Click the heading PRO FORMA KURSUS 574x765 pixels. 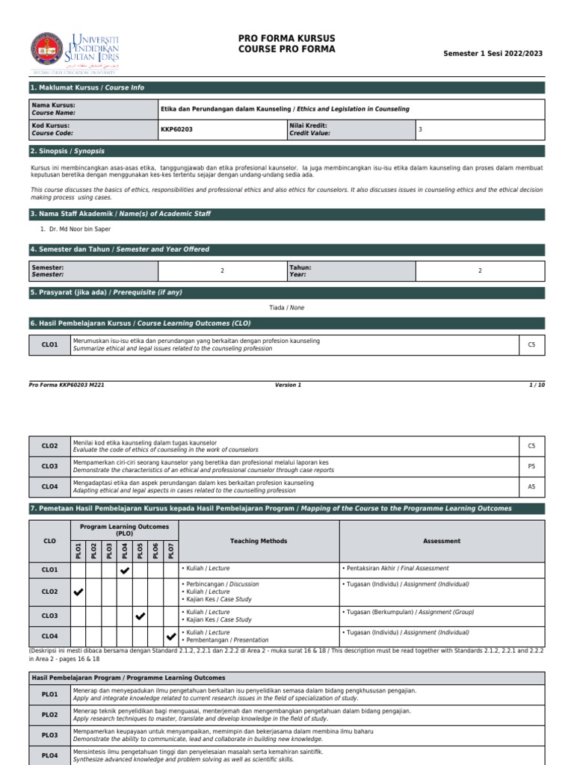pyautogui.click(x=286, y=38)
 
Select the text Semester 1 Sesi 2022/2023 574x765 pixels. pyautogui.click(x=493, y=54)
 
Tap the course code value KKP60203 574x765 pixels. pyautogui.click(x=176, y=129)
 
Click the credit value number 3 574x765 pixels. pyautogui.click(x=420, y=129)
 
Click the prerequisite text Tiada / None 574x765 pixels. pyautogui.click(x=286, y=308)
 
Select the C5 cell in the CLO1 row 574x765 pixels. pyautogui.click(x=531, y=344)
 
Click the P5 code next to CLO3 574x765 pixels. pyautogui.click(x=531, y=466)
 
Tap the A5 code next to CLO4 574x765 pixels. pyautogui.click(x=531, y=486)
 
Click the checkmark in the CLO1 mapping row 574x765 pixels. pyautogui.click(x=125, y=571)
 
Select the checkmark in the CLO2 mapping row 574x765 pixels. pyautogui.click(x=78, y=592)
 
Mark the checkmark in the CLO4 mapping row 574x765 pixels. pyautogui.click(x=171, y=637)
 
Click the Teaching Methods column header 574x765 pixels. pyautogui.click(x=259, y=541)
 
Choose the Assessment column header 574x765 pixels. pyautogui.click(x=441, y=541)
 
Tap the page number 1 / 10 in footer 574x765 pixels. pyautogui.click(x=537, y=385)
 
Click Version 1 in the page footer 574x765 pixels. pyautogui.click(x=288, y=385)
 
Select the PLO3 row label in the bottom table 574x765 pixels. pyautogui.click(x=50, y=735)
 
